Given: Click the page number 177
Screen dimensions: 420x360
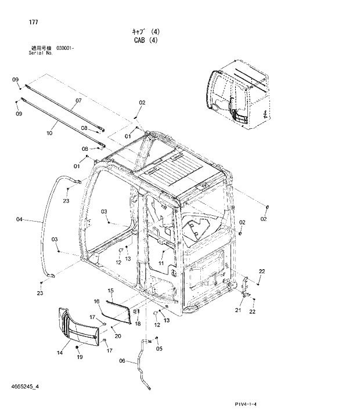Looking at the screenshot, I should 33,22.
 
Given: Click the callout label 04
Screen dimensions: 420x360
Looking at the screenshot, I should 19,219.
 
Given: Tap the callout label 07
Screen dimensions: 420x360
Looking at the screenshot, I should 78,107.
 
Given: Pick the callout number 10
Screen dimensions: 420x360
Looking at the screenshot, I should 49,133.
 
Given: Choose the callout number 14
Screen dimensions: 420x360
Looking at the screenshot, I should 60,352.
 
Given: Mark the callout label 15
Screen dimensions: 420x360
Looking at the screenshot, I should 110,289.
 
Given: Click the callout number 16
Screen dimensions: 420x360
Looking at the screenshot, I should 97,301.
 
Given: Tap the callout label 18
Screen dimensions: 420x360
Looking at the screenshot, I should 138,324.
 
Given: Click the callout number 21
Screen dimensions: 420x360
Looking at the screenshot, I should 238,311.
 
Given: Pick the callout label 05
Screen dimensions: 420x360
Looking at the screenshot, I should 160,349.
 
